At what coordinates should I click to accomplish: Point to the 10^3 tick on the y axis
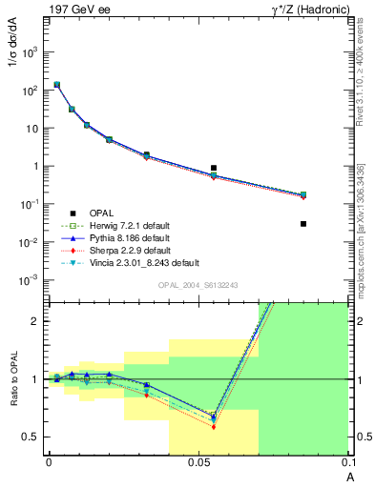[37, 51]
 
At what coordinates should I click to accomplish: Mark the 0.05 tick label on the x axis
[198, 461]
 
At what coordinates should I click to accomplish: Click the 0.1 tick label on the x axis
[348, 461]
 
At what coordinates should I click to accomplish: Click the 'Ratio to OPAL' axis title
[12, 379]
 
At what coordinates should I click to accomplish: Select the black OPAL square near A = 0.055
[214, 168]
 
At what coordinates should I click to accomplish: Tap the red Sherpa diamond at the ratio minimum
[214, 426]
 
